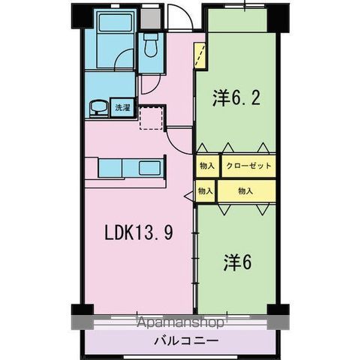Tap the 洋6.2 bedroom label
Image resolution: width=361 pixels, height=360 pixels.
point(236,98)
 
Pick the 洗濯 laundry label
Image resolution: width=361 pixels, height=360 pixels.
point(122,108)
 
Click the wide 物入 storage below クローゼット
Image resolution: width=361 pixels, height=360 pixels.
point(245,191)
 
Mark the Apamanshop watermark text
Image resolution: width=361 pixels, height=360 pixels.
point(180,324)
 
